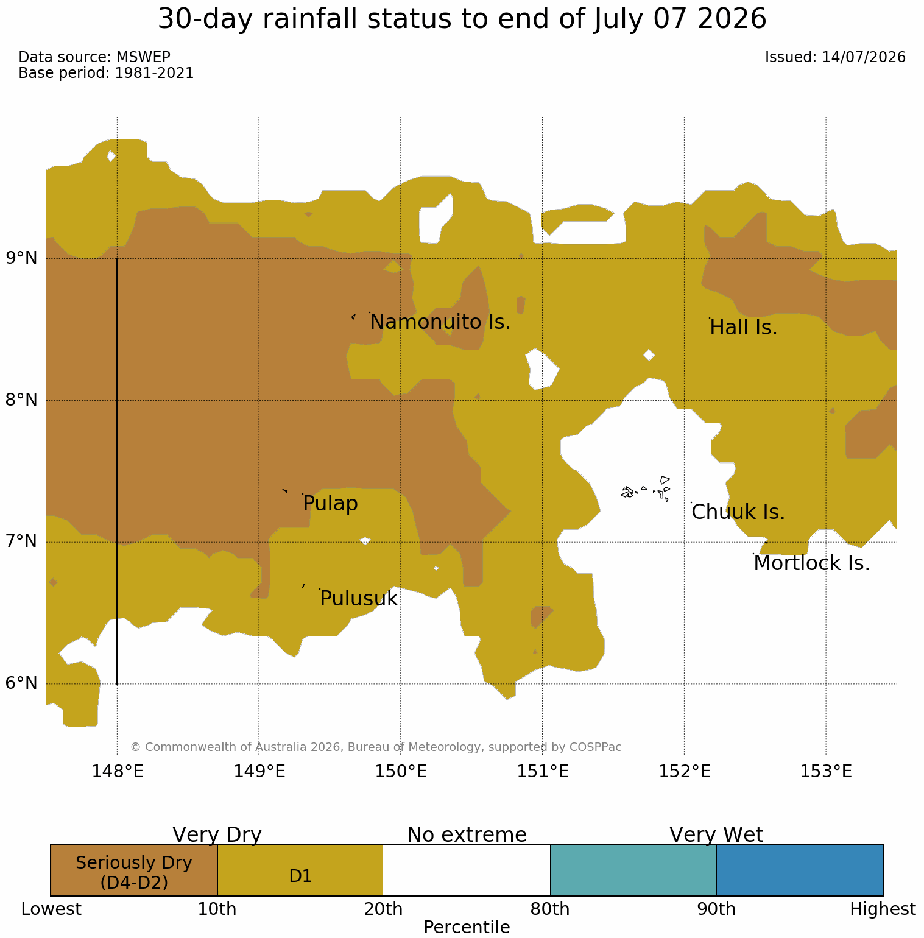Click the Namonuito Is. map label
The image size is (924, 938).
pyautogui.click(x=440, y=322)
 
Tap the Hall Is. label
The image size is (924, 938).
pyautogui.click(x=744, y=328)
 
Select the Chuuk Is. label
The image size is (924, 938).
pyautogui.click(x=738, y=512)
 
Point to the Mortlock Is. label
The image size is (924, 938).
pyautogui.click(x=812, y=563)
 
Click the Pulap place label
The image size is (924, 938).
pyautogui.click(x=330, y=504)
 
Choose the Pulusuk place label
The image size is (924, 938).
pyautogui.click(x=359, y=599)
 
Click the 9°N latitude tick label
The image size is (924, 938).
pyautogui.click(x=22, y=258)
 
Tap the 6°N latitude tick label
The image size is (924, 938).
pyautogui.click(x=22, y=683)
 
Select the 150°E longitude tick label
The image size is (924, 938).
pyautogui.click(x=401, y=771)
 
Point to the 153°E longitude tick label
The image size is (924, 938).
pyautogui.click(x=826, y=771)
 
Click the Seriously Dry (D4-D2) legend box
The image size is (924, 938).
pyautogui.click(x=134, y=870)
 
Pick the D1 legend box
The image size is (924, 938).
pyautogui.click(x=301, y=870)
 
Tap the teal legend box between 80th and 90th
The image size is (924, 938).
pyautogui.click(x=633, y=870)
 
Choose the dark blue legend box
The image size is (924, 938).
pyautogui.click(x=800, y=870)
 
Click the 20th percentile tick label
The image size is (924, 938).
pyautogui.click(x=384, y=909)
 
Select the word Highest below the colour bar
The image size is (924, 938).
pyautogui.click(x=883, y=909)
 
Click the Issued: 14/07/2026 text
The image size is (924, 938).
pyautogui.click(x=835, y=57)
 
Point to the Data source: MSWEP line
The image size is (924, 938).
pyautogui.click(x=94, y=57)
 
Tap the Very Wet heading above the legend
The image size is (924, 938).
pyautogui.click(x=716, y=834)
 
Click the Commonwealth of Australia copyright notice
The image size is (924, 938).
pyautogui.click(x=376, y=747)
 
